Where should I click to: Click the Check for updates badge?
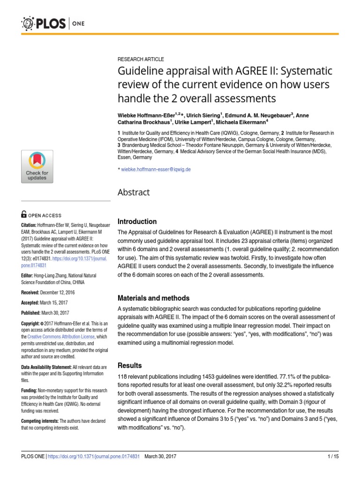[x=37, y=166]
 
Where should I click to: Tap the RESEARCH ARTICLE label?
[x=141, y=59]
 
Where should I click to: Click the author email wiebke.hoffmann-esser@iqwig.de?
[x=156, y=170]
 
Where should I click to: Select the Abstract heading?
[x=134, y=192]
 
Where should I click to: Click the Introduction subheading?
[x=137, y=221]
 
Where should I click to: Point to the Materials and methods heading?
[x=153, y=298]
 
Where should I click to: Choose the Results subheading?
[x=129, y=365]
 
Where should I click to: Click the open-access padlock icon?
[x=24, y=215]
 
